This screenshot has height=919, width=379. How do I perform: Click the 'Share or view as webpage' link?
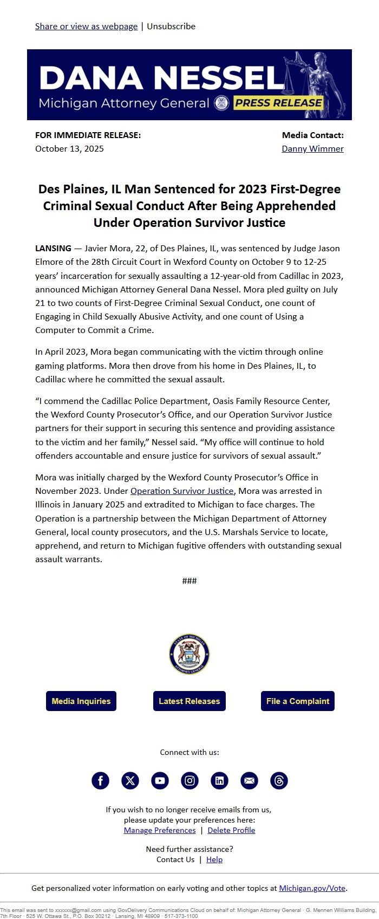pos(86,26)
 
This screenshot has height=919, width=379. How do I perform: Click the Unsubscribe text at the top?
pos(171,26)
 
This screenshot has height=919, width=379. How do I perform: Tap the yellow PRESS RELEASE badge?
pos(278,103)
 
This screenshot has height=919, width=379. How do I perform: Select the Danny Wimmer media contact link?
pos(312,148)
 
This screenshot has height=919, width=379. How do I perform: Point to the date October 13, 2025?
pos(69,148)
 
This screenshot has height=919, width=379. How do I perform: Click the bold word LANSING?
pos(53,248)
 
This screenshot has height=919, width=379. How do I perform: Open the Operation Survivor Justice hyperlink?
pos(182,491)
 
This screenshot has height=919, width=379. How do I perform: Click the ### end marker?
pos(190,581)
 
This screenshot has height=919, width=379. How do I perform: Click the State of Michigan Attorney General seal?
pos(189,654)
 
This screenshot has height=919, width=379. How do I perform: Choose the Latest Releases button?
pos(189,701)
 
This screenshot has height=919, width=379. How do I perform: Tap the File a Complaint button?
pos(297,701)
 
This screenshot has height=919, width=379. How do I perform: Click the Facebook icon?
pos(100,780)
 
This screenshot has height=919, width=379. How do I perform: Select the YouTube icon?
pos(160,780)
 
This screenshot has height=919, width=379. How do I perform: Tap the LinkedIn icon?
pos(219,780)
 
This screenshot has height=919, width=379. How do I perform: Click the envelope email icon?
pos(249,780)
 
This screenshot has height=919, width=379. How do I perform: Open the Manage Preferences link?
pos(160,830)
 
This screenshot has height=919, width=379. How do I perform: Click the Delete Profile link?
pos(231,830)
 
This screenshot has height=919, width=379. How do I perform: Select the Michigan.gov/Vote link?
pos(312,888)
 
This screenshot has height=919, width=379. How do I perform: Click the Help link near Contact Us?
pos(214,859)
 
